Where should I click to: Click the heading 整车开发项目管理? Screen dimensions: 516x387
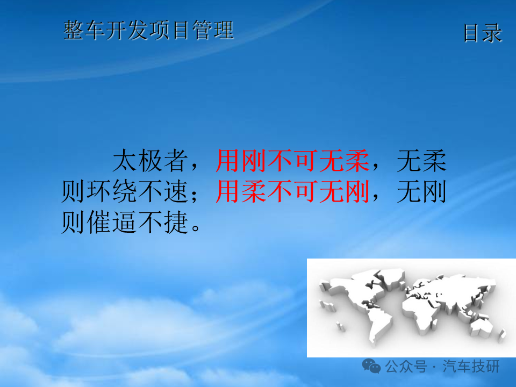148,30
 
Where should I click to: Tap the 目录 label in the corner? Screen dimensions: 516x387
483,33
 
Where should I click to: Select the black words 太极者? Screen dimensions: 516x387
150,161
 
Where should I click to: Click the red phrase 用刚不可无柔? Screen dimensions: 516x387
292,161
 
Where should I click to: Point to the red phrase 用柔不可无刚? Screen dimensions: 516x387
292,191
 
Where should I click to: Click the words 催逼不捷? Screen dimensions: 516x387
138,223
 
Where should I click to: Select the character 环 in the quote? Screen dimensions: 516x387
99,191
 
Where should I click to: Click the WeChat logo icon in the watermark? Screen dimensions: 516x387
371,366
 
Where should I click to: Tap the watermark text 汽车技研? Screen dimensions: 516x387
471,366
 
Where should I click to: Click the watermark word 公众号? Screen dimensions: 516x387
406,366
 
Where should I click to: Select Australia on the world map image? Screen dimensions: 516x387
481,326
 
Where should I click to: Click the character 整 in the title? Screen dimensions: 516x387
74,30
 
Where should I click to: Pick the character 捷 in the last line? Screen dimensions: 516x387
176,223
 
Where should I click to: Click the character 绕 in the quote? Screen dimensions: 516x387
125,191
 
